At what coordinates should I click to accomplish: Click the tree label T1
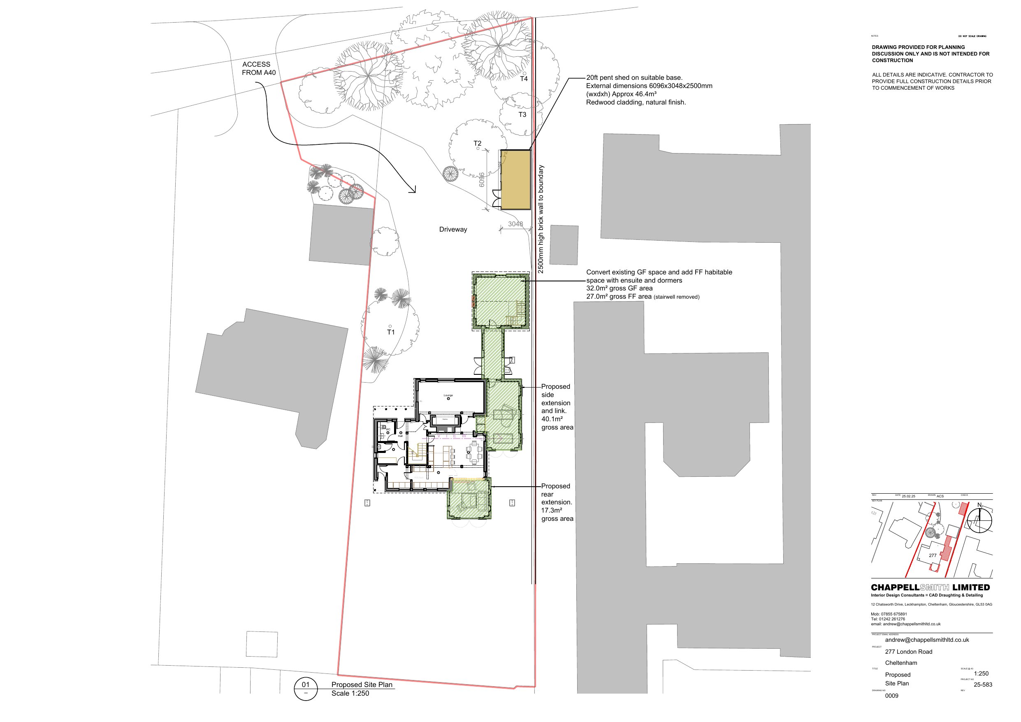390,332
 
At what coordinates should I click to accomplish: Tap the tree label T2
477,143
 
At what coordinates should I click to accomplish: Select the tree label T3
522,114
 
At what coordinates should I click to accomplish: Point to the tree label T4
524,79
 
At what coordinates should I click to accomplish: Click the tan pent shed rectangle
516,179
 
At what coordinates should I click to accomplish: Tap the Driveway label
452,230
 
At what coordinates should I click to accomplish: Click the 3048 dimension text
515,224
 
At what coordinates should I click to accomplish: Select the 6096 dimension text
482,180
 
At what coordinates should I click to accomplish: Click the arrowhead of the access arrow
413,190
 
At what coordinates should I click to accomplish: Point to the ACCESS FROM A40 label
258,69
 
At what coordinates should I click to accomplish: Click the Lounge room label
448,395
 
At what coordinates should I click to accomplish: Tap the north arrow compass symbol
979,520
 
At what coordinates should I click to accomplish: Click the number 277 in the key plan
933,555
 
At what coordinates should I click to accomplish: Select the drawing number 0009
891,696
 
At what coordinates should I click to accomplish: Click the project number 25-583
983,685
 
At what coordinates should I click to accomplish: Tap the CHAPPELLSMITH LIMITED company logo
930,587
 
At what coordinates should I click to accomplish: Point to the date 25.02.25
909,496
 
